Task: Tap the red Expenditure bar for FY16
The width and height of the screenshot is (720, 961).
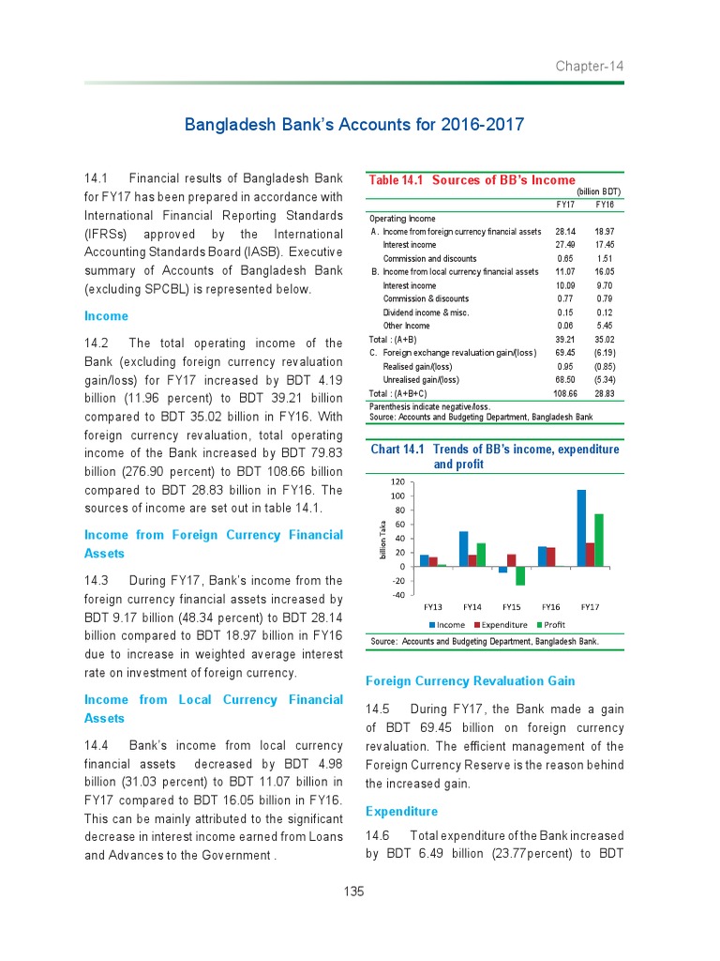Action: (x=551, y=557)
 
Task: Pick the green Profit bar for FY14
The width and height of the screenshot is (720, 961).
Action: (x=481, y=555)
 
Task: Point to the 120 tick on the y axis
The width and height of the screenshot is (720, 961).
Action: (x=397, y=481)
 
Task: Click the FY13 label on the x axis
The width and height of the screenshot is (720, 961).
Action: (x=432, y=607)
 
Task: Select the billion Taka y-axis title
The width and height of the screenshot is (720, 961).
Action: (x=382, y=541)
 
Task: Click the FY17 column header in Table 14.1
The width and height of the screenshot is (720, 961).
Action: (x=565, y=204)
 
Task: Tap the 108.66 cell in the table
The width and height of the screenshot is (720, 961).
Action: (x=565, y=394)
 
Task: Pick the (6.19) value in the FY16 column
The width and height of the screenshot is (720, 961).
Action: (x=604, y=353)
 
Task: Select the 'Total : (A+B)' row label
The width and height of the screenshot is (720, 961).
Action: (x=393, y=340)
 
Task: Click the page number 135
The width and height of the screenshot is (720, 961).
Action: (x=353, y=892)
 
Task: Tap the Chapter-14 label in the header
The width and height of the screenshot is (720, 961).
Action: (x=589, y=67)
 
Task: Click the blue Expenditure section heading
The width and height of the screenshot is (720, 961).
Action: (x=401, y=811)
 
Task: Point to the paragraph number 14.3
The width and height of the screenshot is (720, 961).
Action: (x=97, y=580)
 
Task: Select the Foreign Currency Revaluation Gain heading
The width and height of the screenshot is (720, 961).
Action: (x=470, y=680)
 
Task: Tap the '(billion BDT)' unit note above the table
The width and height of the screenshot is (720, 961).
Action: (x=598, y=191)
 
